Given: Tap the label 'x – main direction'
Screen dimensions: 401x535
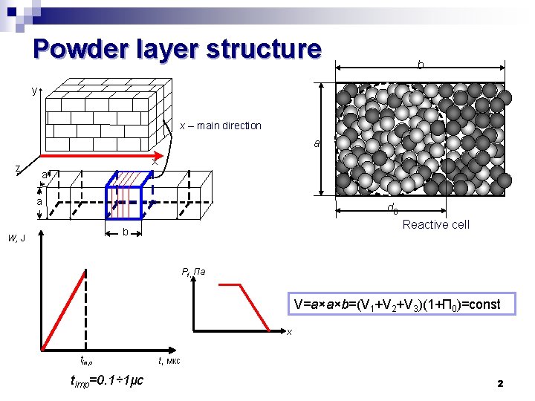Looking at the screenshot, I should pos(221,125).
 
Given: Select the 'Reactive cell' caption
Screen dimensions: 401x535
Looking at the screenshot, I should pos(435,224).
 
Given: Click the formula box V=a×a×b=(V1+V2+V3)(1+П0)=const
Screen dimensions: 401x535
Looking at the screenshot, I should pos(397,304).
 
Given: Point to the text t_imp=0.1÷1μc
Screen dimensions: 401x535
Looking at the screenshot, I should pos(106,381).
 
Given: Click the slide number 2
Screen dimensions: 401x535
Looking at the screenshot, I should pos(500,383).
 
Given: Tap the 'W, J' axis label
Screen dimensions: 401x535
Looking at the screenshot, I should pos(16,238).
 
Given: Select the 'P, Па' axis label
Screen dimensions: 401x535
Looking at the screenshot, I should pos(198,272).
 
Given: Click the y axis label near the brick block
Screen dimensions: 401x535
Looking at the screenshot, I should pos(34,91).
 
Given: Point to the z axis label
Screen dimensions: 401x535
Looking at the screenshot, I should pos(18,169).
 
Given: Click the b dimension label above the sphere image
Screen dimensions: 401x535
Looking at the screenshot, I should pos(420,65).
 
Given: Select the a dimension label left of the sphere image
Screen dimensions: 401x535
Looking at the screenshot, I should pos(316,143).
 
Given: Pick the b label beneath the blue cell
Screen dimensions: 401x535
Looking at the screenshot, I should pos(126,232).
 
